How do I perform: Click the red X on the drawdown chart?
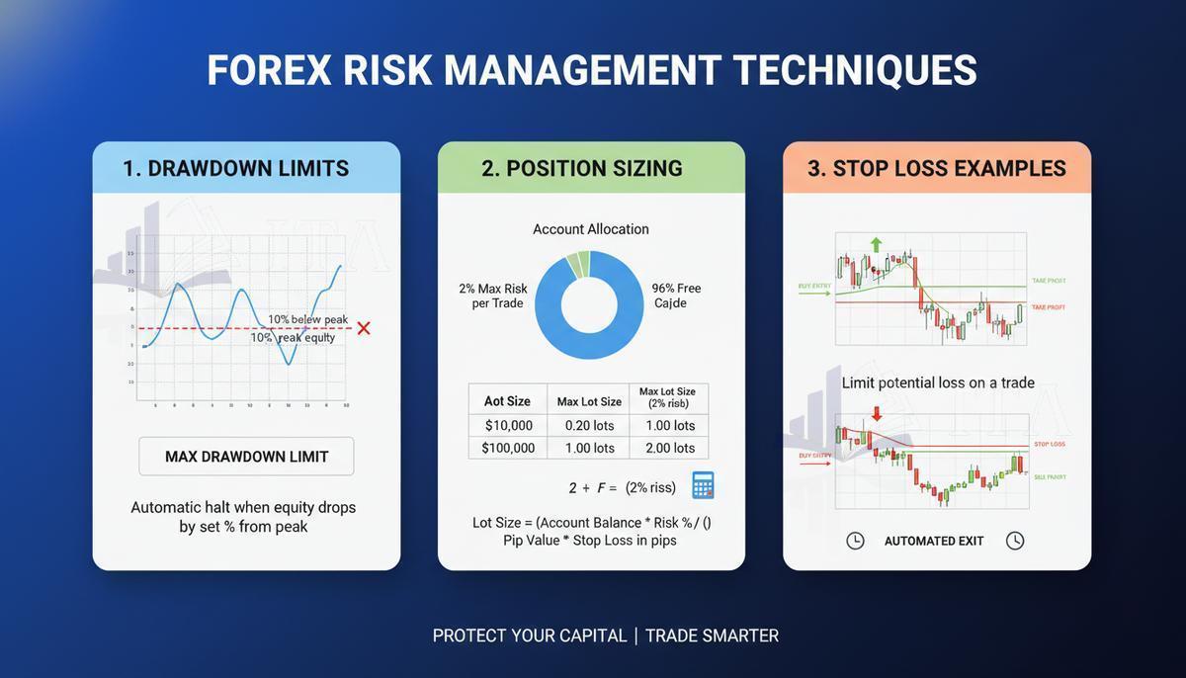pyautogui.click(x=364, y=328)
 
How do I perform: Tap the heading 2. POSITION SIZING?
pyautogui.click(x=581, y=168)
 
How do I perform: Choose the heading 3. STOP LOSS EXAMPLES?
pyautogui.click(x=936, y=168)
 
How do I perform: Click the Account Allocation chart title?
pyautogui.click(x=591, y=229)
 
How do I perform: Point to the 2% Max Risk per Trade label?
pyautogui.click(x=493, y=296)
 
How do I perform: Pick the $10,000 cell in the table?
pyautogui.click(x=508, y=426)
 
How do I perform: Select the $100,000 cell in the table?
pyautogui.click(x=508, y=449)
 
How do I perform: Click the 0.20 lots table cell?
pyautogui.click(x=589, y=426)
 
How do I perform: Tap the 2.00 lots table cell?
pyautogui.click(x=670, y=449)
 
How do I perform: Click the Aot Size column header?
pyautogui.click(x=507, y=401)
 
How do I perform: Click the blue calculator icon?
pyautogui.click(x=703, y=485)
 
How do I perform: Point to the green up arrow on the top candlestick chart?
pyautogui.click(x=876, y=243)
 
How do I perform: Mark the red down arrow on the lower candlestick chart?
pyautogui.click(x=877, y=414)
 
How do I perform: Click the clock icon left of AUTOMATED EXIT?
pyautogui.click(x=856, y=541)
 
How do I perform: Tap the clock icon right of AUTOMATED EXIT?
pyautogui.click(x=1015, y=541)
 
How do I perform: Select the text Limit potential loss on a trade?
pyautogui.click(x=937, y=382)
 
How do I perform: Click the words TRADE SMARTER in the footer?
pyautogui.click(x=712, y=636)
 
